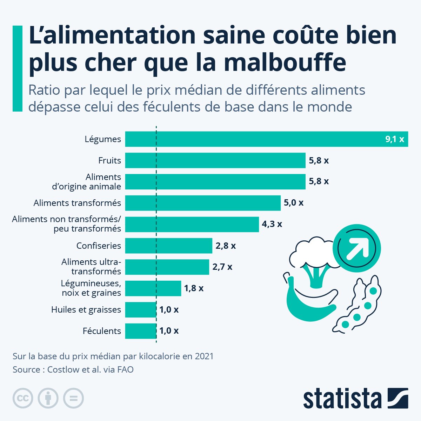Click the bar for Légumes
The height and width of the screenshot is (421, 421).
267,139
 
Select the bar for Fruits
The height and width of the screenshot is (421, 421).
215,160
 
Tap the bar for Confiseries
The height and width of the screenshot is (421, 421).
168,246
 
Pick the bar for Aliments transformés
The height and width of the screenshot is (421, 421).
203,203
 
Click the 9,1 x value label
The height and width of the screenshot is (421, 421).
395,139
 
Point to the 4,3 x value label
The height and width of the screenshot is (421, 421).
272,224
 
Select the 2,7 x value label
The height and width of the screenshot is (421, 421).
222,267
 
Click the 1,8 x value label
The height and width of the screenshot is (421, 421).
194,288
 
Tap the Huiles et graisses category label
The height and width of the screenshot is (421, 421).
86,310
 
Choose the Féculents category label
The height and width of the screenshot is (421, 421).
102,331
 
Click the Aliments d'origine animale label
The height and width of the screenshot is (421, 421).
87,182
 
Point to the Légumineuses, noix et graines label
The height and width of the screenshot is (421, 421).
91,288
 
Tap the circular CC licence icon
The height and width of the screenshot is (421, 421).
23,398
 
